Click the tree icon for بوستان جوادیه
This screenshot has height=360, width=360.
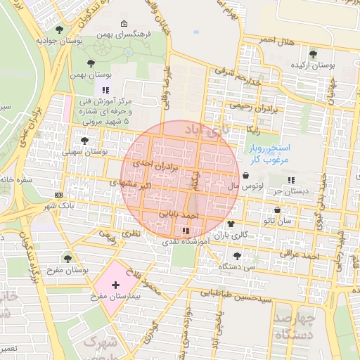pyautogui.click(x=58, y=30)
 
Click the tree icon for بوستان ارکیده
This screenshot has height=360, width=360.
pyautogui.click(x=313, y=54)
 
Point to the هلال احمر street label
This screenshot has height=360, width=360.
pyautogui.click(x=276, y=40)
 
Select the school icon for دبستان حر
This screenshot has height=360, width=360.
pyautogui.click(x=291, y=180)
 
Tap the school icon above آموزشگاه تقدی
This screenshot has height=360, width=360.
pyautogui.click(x=185, y=230)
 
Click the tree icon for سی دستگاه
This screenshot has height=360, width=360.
pyautogui.click(x=236, y=255)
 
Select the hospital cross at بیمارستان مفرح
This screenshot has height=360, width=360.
pyautogui.click(x=115, y=285)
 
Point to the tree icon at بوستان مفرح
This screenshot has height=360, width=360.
pyautogui.click(x=67, y=259)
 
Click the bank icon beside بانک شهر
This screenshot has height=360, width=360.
pyautogui.click(x=58, y=195)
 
